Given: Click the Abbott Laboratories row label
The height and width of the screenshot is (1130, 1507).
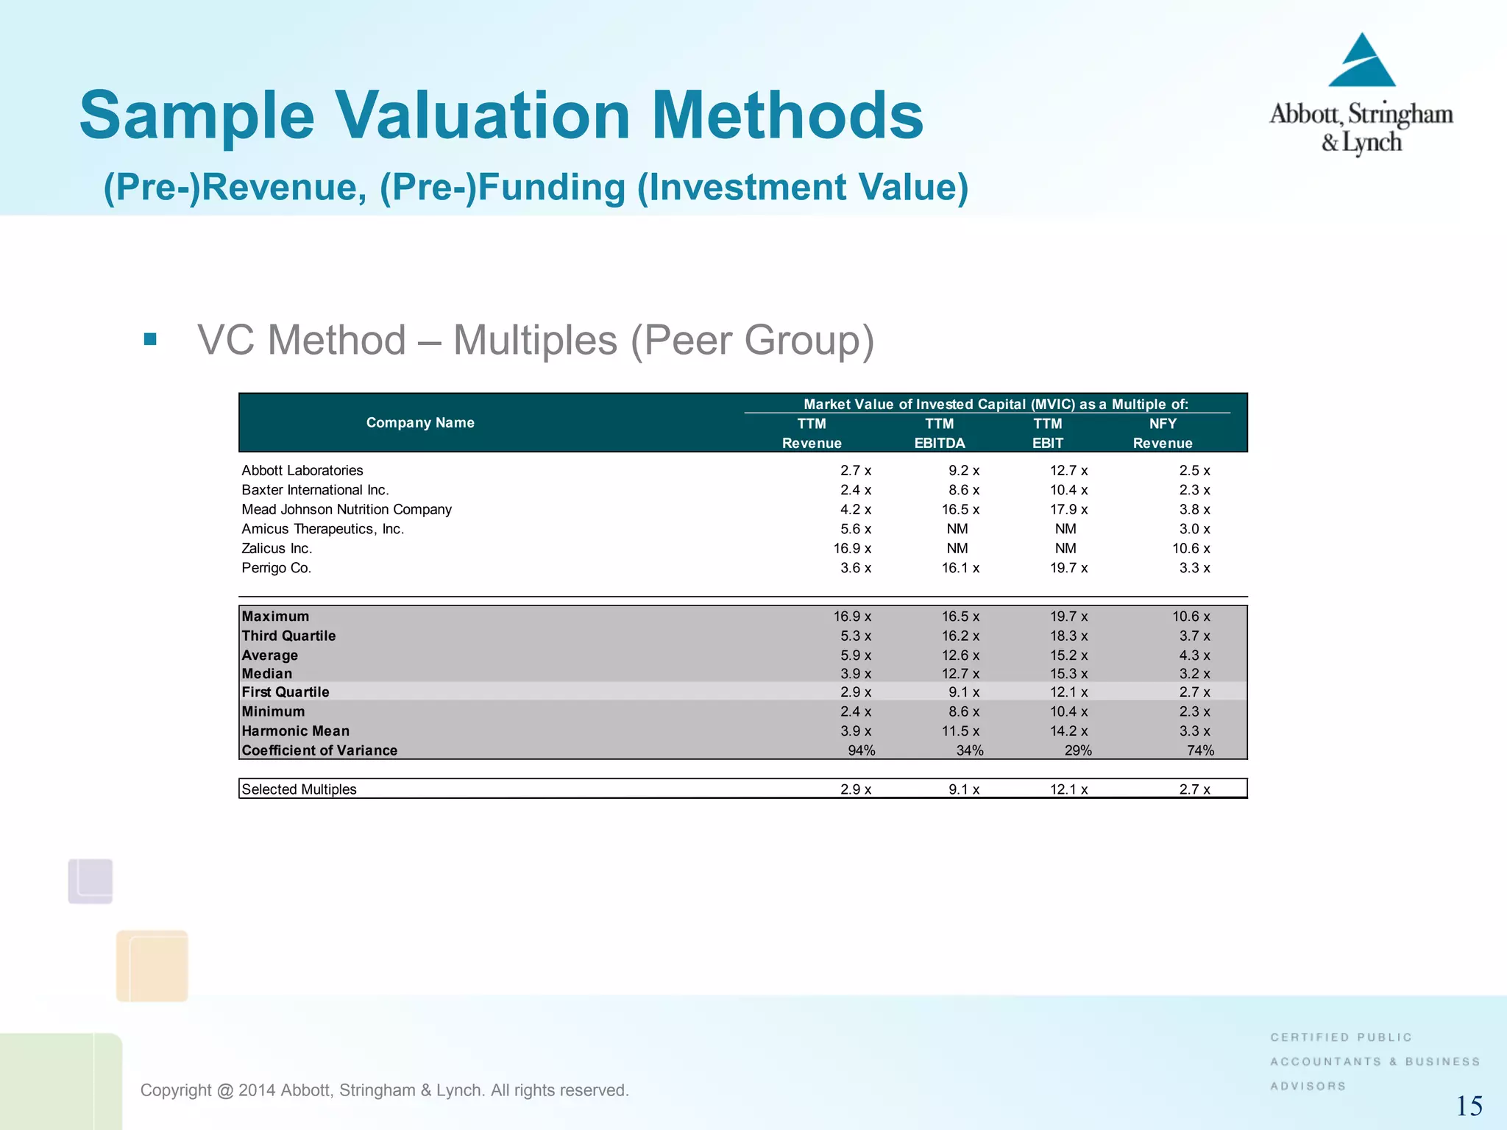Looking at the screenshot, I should [302, 470].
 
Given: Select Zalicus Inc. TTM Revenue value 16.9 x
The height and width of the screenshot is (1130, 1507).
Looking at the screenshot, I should [852, 549].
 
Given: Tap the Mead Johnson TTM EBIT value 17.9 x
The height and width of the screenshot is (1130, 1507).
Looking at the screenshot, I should [1068, 510].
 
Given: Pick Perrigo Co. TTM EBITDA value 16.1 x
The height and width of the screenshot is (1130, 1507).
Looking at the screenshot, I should [960, 568].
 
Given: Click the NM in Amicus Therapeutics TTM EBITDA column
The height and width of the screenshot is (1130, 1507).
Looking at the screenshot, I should [957, 529].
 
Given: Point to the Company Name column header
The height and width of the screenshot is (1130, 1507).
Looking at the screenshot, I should [420, 423].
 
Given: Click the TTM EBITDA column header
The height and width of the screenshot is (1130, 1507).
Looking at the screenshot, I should [940, 433].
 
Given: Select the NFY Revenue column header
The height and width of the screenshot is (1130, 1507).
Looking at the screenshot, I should [1163, 433].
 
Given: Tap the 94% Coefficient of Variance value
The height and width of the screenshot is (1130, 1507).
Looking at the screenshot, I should [861, 750].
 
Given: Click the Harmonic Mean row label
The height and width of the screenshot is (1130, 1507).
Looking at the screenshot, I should [296, 731].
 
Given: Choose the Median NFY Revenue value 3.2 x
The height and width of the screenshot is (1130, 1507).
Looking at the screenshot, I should [1194, 674].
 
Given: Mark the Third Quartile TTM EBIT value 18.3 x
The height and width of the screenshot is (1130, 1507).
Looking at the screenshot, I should [1068, 636].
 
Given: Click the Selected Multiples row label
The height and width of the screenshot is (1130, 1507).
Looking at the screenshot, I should [299, 789].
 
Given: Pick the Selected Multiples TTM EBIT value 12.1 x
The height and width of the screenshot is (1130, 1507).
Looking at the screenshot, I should [1068, 789].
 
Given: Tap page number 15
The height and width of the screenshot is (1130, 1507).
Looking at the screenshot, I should [1469, 1106].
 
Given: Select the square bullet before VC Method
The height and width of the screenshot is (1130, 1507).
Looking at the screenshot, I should [151, 339].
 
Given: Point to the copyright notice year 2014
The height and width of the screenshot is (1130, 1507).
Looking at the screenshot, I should [256, 1090].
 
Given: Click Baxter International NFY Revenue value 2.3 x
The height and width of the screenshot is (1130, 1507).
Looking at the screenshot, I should [1194, 490].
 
